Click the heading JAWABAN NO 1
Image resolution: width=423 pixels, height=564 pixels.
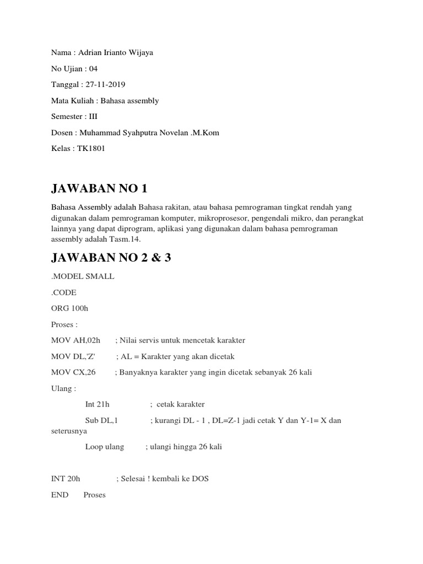pos(99,189)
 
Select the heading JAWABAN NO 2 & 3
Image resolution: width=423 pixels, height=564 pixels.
pos(111,257)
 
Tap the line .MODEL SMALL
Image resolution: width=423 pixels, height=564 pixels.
pos(83,276)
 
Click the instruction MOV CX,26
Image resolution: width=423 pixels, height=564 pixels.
pos(73,372)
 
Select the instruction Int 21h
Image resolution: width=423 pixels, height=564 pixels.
pos(97,404)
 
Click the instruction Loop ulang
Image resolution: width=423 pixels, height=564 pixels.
pos(105,447)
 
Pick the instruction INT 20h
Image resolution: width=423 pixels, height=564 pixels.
pos(66,479)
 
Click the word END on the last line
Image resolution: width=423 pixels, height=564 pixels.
pos(59,495)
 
